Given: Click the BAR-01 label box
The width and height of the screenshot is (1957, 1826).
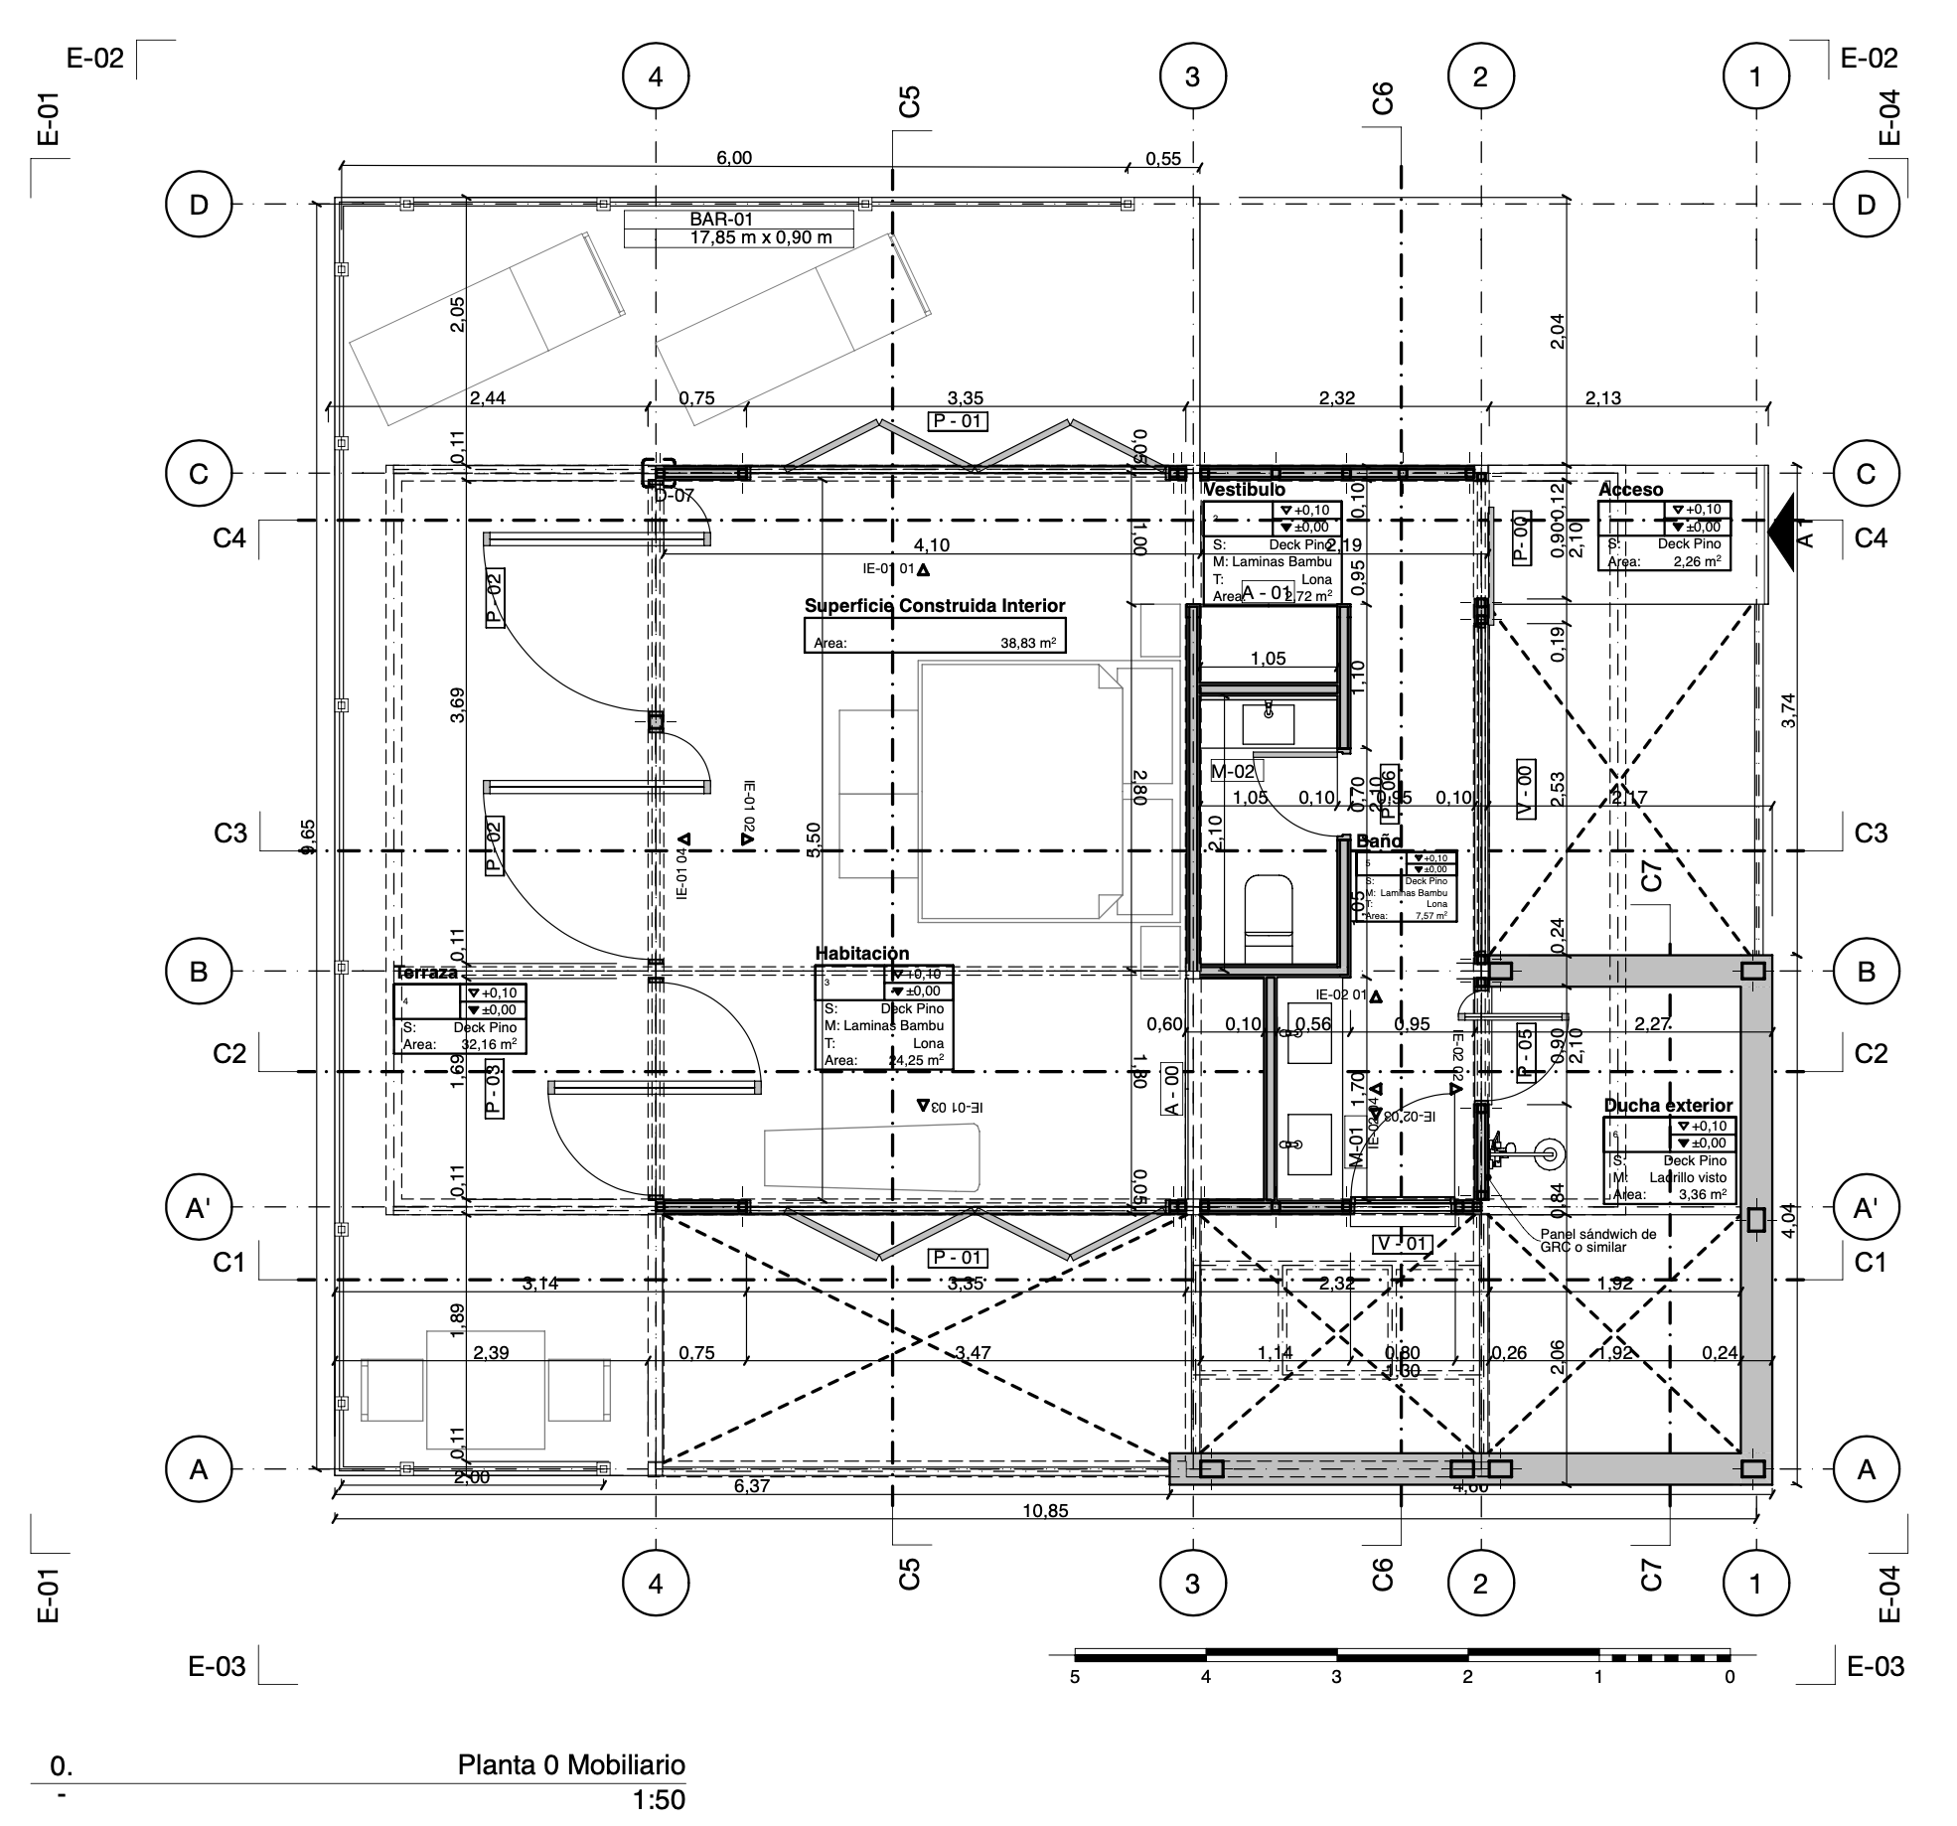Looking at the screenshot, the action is pos(738,228).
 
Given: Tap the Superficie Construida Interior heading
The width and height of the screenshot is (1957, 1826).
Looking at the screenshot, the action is pos(934,606).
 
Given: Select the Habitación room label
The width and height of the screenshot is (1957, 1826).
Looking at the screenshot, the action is pos(861,954).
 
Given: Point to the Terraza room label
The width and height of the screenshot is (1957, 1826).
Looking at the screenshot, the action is pos(426,973).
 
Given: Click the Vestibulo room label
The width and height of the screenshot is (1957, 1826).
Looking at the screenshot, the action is pos(1244,490).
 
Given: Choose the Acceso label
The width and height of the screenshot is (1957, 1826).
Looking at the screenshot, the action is pos(1630,490).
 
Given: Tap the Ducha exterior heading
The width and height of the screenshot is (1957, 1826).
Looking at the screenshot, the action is pos(1668,1105).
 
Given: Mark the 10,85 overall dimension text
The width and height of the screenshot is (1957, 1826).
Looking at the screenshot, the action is pos(1045,1511).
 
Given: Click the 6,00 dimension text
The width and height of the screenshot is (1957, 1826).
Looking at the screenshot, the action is pos(734,158).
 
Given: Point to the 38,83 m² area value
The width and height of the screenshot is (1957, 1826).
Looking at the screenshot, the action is pos(1027,643).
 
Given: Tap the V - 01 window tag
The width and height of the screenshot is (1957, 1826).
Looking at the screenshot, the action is pos(1402,1243).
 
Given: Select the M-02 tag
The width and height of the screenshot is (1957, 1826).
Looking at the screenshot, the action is pos(1233,771).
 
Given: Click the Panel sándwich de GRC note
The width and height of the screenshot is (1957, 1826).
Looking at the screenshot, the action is pos(1598,1240).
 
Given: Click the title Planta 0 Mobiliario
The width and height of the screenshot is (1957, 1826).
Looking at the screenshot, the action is pos(571,1764).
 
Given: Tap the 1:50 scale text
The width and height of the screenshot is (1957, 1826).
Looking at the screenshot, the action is pos(659,1799).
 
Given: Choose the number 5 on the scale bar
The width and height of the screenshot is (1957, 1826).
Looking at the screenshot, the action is pos(1075,1677).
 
